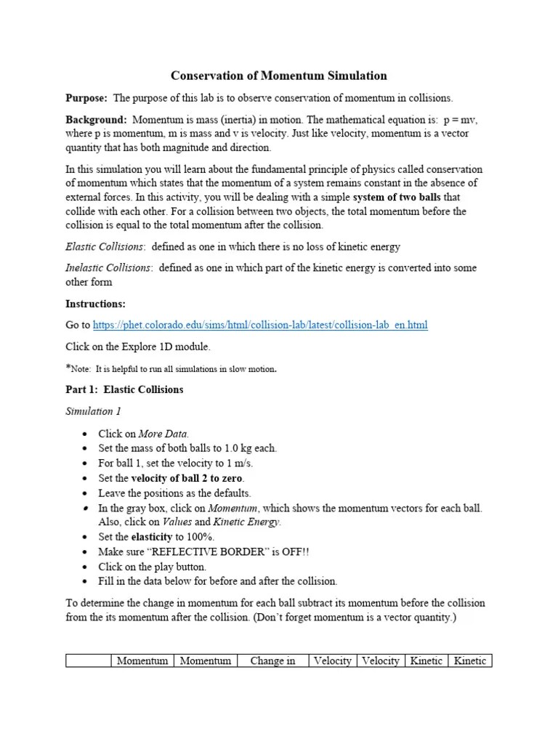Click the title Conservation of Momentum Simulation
point(278,76)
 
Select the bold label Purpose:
point(86,97)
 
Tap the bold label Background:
point(97,119)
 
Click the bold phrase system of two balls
point(400,198)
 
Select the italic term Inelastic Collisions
point(108,267)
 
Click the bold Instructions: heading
point(95,303)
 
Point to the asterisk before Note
point(68,368)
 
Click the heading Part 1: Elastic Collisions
point(124,389)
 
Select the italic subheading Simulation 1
point(94,411)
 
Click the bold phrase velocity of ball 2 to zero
point(187,478)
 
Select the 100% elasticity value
point(199,537)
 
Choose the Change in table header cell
point(272,661)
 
